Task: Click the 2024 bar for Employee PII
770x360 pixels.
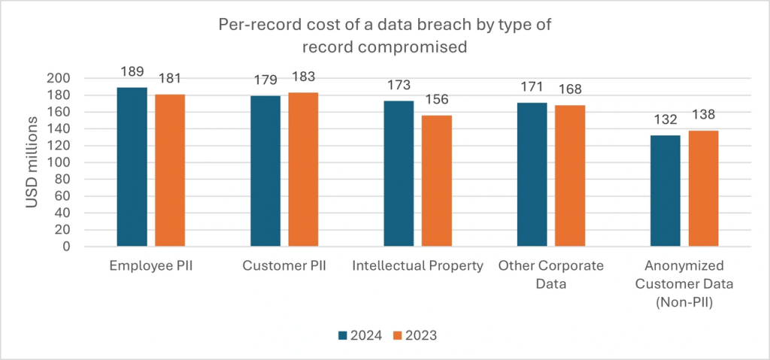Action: pos(132,167)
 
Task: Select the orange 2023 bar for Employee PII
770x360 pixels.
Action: pos(170,170)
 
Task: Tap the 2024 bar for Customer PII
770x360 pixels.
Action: pos(265,171)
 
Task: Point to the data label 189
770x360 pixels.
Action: pos(132,71)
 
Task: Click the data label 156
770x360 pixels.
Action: pos(437,99)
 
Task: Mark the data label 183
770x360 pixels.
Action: pos(304,77)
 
